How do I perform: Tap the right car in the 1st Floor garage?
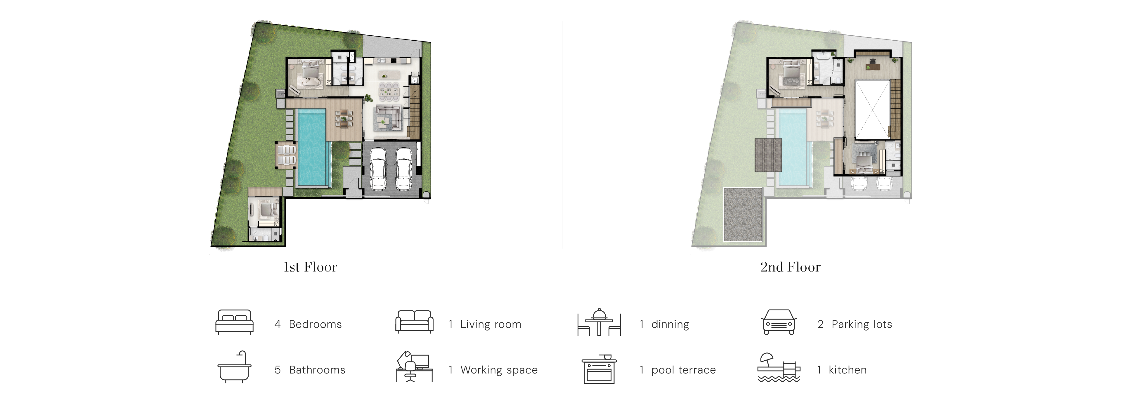pos(404,169)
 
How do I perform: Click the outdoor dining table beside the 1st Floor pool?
pos(344,120)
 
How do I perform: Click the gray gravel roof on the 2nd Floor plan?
pos(743,215)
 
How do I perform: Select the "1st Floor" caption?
pos(310,267)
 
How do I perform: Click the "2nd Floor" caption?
pos(790,267)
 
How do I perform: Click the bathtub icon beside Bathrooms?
pos(235,367)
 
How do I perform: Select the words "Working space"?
pos(499,370)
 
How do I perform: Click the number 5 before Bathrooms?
pos(277,370)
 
